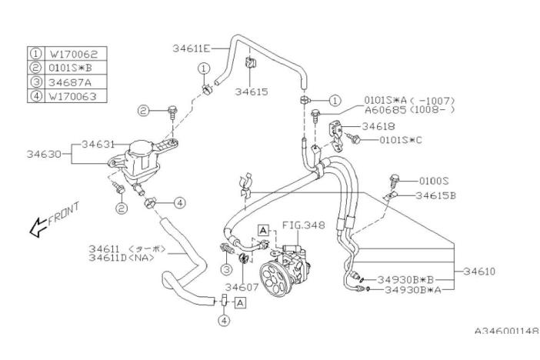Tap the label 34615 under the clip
tap(251, 90)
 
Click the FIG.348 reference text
tap(303, 226)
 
